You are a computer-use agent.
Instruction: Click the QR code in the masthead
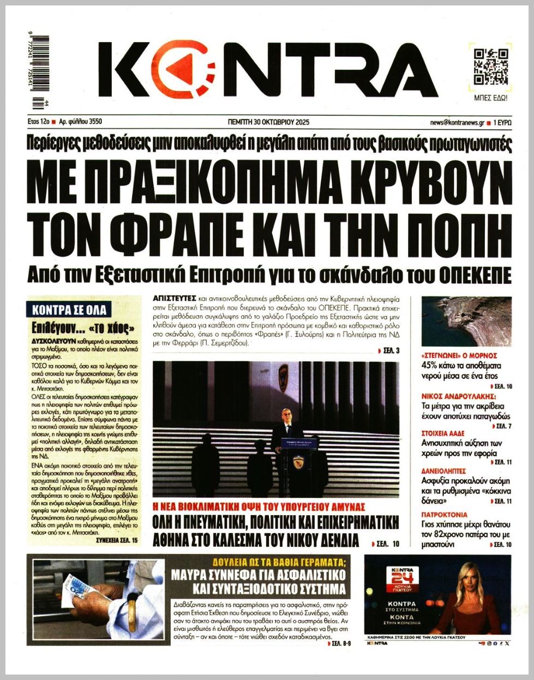[491, 67]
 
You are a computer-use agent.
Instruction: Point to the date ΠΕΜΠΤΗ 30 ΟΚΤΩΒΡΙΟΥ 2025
[268, 122]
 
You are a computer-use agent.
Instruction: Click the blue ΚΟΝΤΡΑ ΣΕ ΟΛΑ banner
[69, 311]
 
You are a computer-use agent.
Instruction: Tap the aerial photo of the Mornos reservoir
[466, 321]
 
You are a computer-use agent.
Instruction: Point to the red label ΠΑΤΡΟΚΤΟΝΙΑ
[445, 514]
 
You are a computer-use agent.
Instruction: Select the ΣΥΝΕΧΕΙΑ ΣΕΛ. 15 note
[117, 540]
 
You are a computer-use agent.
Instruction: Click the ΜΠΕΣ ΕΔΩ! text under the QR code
[491, 98]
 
